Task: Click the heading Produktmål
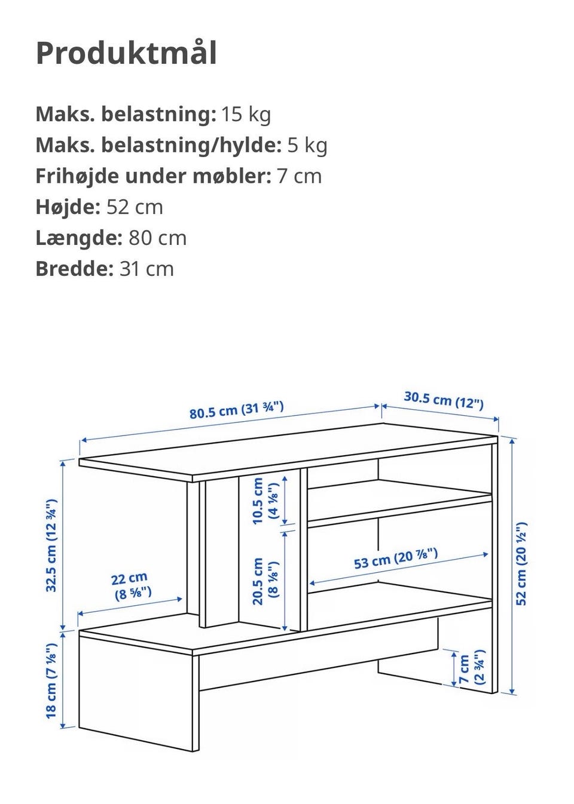(x=126, y=53)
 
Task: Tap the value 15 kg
(x=246, y=113)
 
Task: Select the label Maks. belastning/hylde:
(x=158, y=145)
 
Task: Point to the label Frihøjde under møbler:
(x=153, y=176)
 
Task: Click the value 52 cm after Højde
(x=135, y=207)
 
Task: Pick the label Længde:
(x=79, y=238)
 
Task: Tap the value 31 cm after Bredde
(x=146, y=269)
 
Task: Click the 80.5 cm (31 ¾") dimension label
(x=236, y=410)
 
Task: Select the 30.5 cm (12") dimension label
(x=443, y=399)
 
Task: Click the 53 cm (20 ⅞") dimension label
(x=396, y=558)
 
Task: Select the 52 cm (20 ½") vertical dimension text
(x=522, y=563)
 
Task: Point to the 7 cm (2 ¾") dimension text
(x=471, y=669)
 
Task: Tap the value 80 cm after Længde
(x=157, y=238)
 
